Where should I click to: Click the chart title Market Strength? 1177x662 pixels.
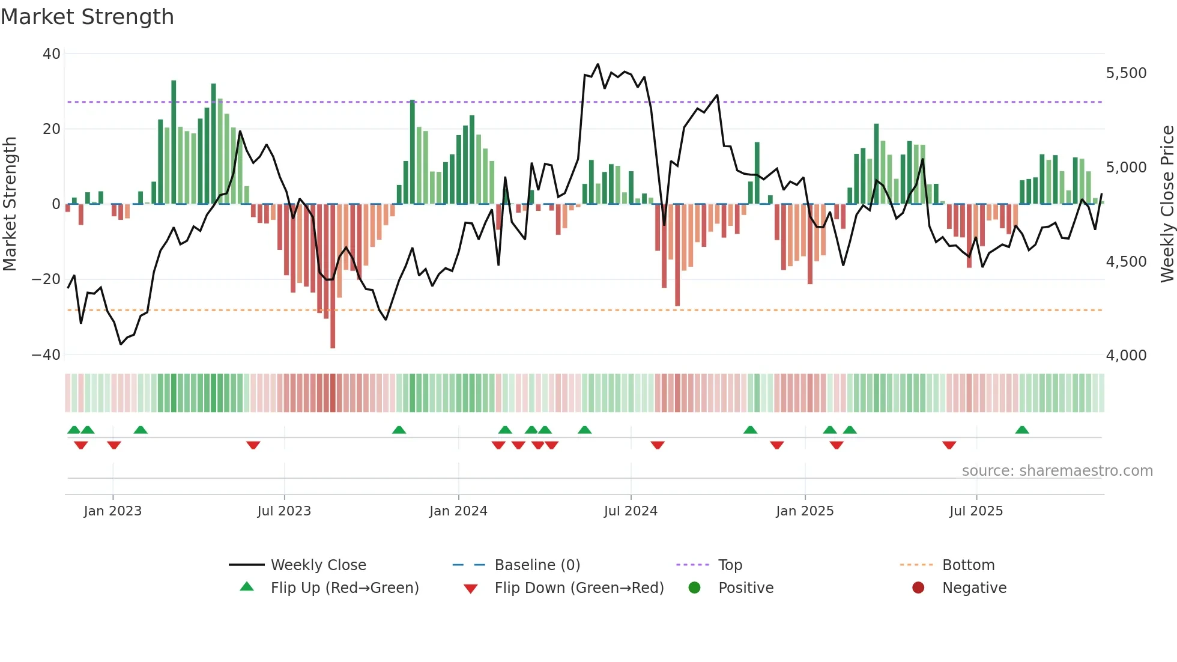pos(87,17)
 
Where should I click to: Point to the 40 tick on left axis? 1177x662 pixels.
pos(52,54)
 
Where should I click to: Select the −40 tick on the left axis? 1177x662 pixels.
pos(46,355)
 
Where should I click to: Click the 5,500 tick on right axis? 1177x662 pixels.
pos(1126,73)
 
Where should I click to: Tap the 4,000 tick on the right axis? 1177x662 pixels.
pos(1126,356)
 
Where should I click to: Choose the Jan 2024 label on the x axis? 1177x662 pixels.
pos(458,511)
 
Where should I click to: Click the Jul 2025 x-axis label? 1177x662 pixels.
pos(976,511)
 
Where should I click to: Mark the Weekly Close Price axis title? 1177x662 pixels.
pos(1167,204)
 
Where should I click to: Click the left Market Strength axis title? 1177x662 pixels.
pos(10,204)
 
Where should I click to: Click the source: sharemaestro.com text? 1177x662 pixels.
pos(1057,471)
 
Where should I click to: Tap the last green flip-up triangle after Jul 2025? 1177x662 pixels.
pos(1022,430)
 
